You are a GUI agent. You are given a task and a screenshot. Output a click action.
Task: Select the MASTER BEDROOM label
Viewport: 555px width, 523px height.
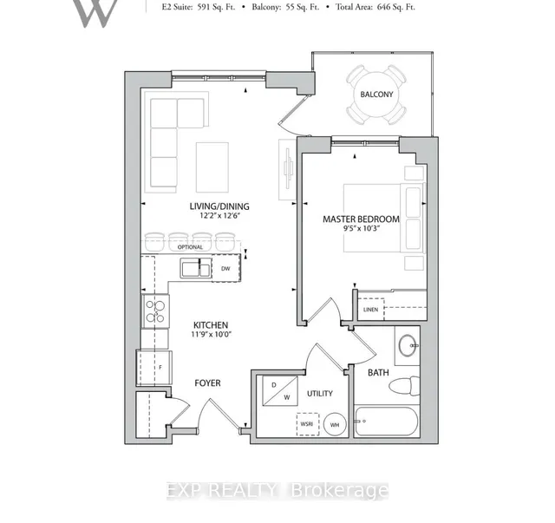[362, 219]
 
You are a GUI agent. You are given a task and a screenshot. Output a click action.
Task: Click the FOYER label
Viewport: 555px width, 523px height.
[206, 382]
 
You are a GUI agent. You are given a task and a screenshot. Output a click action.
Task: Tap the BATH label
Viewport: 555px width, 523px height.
[379, 373]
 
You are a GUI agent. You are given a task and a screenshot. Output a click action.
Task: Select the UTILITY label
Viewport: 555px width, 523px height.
[320, 394]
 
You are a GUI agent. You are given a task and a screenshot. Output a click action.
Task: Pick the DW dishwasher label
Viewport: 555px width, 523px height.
[225, 269]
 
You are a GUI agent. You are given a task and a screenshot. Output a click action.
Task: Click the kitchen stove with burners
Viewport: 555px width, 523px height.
[155, 311]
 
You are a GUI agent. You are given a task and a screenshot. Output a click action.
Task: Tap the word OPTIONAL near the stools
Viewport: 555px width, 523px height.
[190, 247]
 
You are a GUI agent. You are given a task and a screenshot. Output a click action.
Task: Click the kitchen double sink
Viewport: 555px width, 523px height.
[195, 269]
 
